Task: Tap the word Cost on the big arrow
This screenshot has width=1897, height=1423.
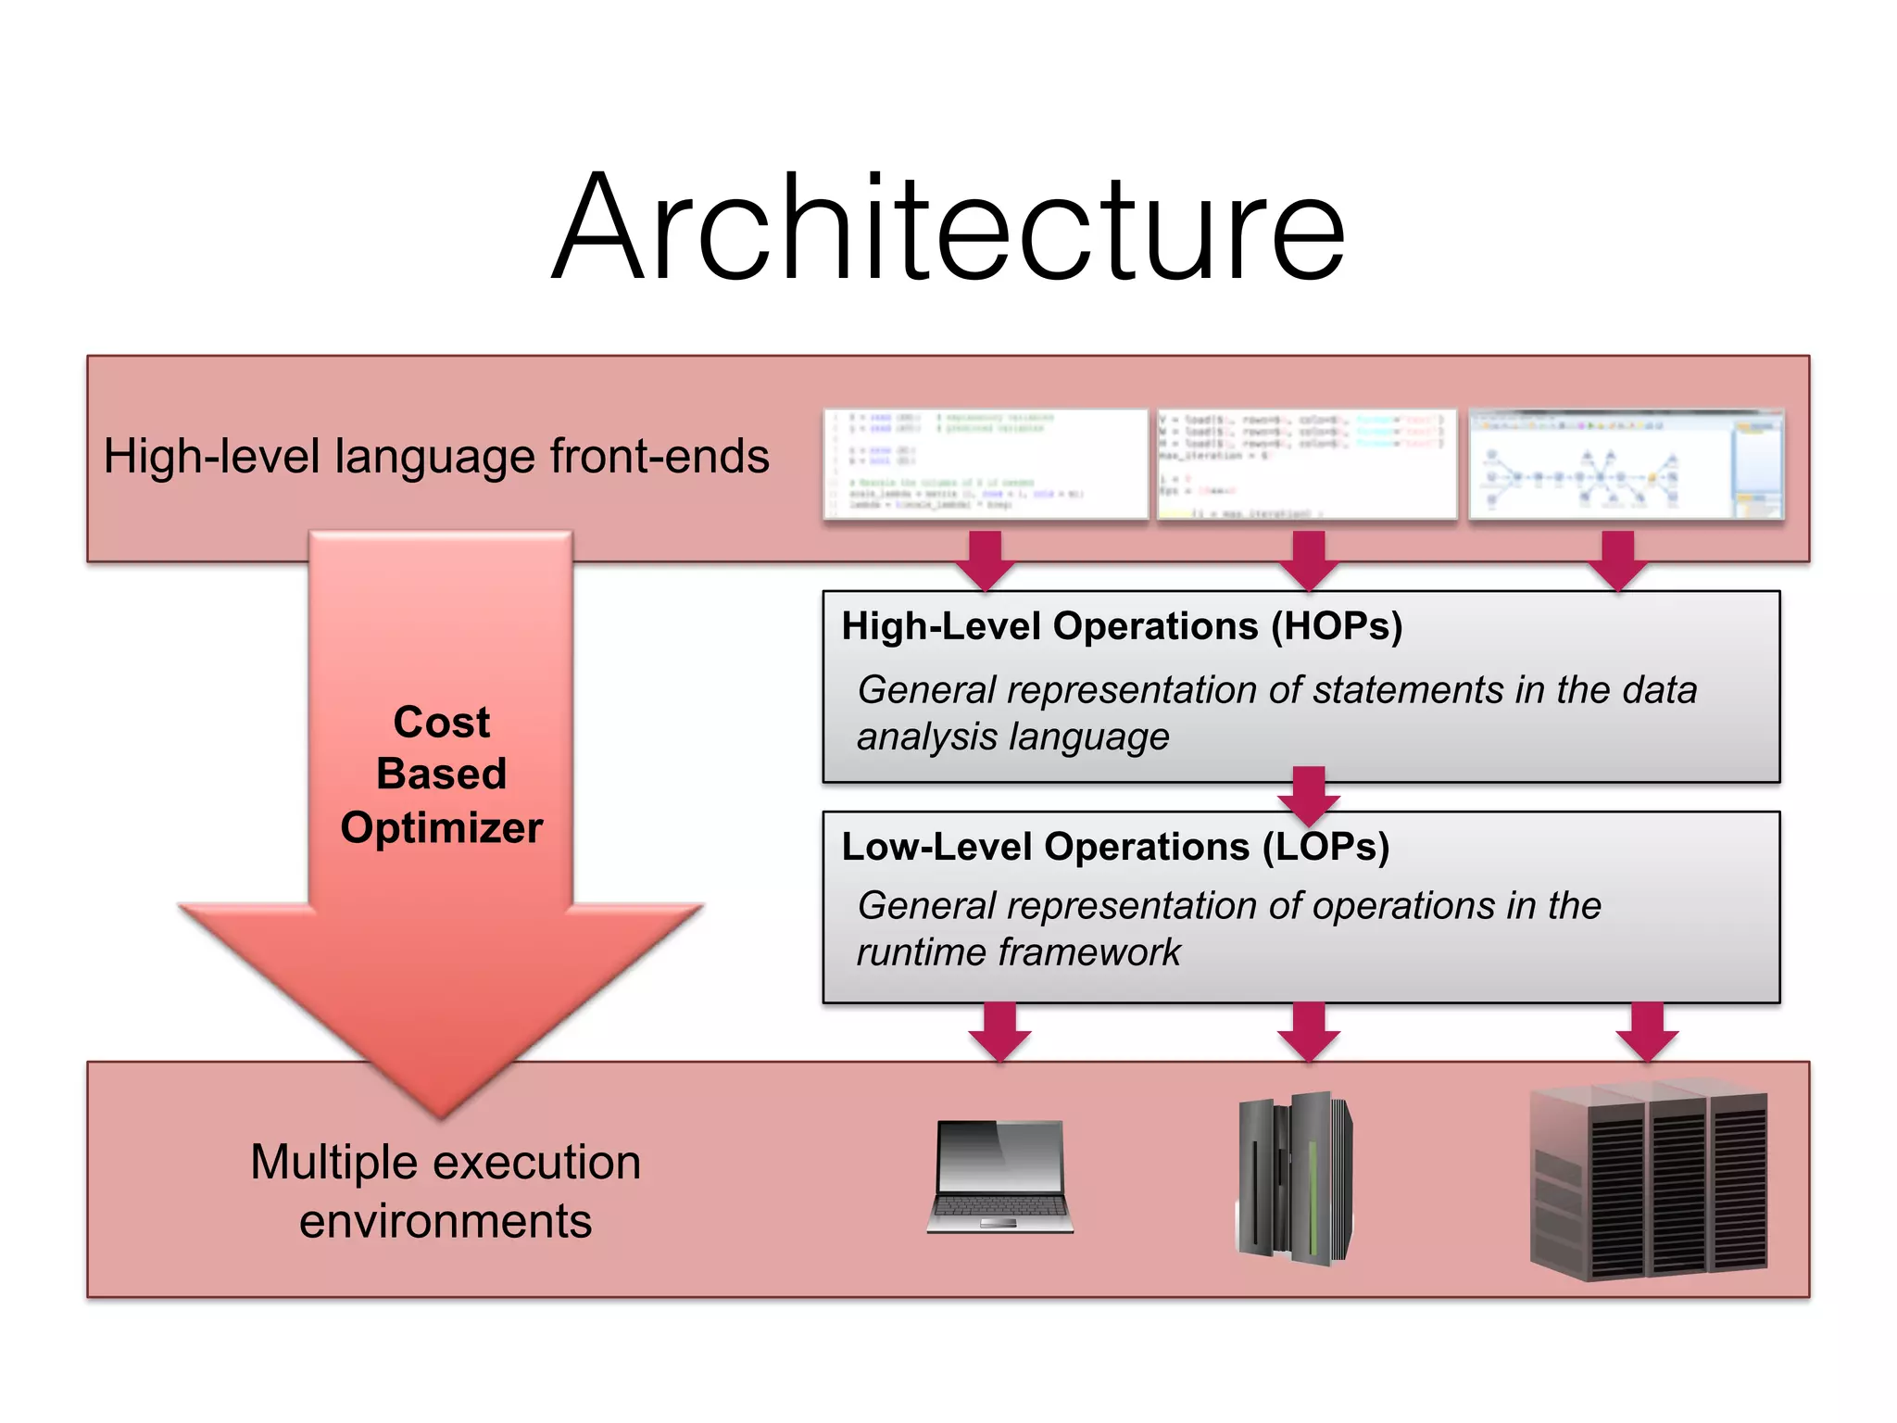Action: pyautogui.click(x=441, y=722)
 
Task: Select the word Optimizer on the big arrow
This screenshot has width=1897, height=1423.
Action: pyautogui.click(x=441, y=827)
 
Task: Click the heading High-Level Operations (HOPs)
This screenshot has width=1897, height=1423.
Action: pyautogui.click(x=1121, y=627)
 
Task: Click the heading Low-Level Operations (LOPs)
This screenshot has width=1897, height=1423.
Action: pyautogui.click(x=1114, y=847)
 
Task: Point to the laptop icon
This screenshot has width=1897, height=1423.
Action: pyautogui.click(x=999, y=1177)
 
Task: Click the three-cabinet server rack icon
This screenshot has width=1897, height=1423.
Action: pyautogui.click(x=1649, y=1181)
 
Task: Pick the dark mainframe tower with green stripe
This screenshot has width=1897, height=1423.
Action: pyautogui.click(x=1295, y=1178)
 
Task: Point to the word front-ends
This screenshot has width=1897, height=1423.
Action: pyautogui.click(x=660, y=457)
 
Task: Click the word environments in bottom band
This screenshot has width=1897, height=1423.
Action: pyautogui.click(x=446, y=1221)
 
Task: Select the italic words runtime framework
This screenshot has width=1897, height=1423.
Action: pyautogui.click(x=1018, y=952)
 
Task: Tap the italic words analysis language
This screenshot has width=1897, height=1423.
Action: pyautogui.click(x=1012, y=737)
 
